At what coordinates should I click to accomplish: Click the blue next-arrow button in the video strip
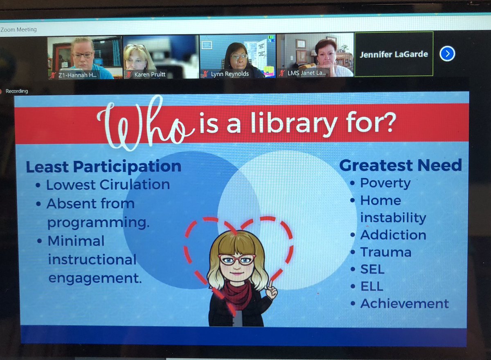pos(447,54)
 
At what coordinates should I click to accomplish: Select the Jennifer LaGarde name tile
pos(393,54)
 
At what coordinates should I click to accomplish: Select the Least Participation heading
pos(104,167)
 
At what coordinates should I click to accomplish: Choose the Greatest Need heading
pos(401,165)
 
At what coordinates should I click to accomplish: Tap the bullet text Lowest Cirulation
pos(108,185)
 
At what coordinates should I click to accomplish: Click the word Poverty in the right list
pos(385,183)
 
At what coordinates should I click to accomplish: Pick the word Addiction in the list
pos(393,235)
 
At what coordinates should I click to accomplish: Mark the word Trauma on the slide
pos(386,252)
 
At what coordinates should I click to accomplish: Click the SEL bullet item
pos(372,269)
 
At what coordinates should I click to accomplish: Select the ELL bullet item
pos(372,286)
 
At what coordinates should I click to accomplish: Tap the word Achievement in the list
pos(404,303)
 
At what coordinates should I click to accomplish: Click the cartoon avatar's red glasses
pos(236,259)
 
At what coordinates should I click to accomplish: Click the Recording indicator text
pos(17,91)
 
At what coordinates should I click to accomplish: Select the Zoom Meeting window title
pos(18,29)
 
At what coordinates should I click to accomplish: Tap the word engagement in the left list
pos(95,278)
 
